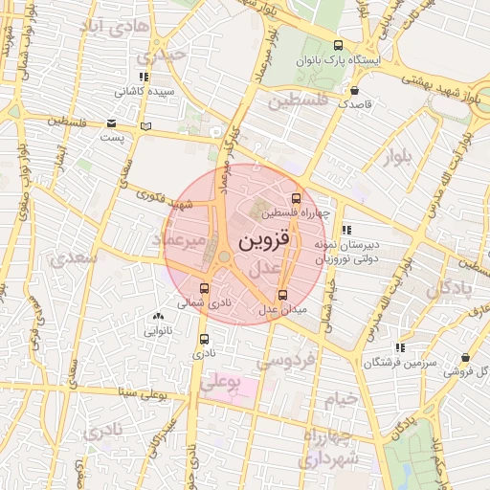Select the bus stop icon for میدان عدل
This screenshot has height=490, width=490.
pos(281,296)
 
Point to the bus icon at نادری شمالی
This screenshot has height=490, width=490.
pos(204,287)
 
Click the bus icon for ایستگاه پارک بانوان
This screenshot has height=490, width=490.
pos(337,45)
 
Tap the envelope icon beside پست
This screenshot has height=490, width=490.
pos(112,123)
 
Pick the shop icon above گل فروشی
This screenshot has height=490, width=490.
pos(465,358)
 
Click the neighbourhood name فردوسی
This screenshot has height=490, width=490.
pos(287,362)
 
